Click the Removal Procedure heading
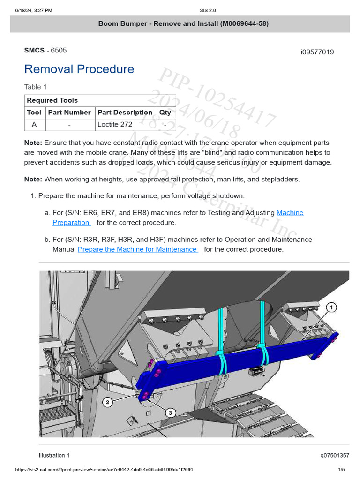tap(79, 69)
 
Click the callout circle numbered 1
tap(331, 307)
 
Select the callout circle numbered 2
tap(108, 402)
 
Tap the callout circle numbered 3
tap(171, 412)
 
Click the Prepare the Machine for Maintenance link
tap(137, 249)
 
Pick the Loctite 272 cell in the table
tap(115, 125)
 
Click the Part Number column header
tap(69, 112)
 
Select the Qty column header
tap(165, 112)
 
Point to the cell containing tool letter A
tap(34, 125)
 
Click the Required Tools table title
tap(52, 100)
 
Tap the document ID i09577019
tap(317, 52)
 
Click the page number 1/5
tap(341, 470)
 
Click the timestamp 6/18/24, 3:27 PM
tap(33, 10)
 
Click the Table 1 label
tap(36, 87)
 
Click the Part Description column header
tap(125, 112)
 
